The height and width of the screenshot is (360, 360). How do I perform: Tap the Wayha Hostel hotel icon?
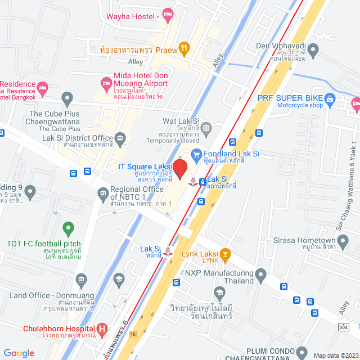[x=167, y=13]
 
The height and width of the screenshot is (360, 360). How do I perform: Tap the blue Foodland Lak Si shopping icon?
[x=196, y=154]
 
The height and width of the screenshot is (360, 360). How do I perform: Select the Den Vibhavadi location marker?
[x=313, y=49]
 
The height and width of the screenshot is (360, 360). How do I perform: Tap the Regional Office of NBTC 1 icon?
[x=103, y=195]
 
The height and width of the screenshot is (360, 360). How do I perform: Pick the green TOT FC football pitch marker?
[x=69, y=229]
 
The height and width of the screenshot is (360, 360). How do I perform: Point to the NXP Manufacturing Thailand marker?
[x=260, y=275]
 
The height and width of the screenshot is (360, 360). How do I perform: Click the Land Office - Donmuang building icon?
[x=82, y=279]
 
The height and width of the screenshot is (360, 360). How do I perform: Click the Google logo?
[x=19, y=353]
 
